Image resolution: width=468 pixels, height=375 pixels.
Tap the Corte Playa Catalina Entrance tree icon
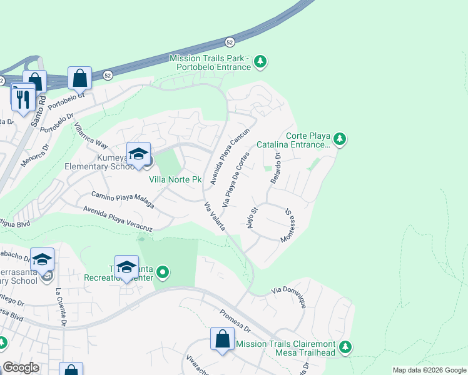point(339,139)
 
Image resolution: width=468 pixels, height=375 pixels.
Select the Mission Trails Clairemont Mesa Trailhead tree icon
point(345,347)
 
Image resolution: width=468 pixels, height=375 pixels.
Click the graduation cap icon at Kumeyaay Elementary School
point(138,153)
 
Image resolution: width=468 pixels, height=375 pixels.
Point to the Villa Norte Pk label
point(175,180)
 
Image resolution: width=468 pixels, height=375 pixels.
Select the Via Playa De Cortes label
point(237,179)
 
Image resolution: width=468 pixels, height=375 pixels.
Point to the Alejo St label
point(252,219)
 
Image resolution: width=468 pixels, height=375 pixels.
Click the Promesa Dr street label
point(235,321)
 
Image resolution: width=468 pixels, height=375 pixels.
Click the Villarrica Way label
point(87,133)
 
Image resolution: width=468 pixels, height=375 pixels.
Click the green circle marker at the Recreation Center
point(163,272)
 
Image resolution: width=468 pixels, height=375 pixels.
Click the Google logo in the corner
point(21,367)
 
